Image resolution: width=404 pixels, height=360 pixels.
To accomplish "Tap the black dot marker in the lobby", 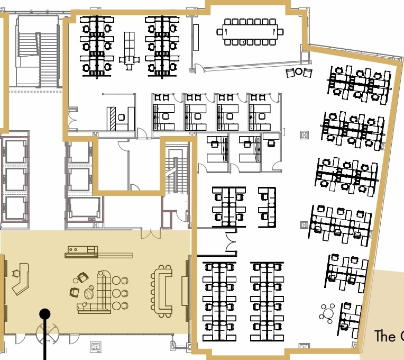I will tap(45, 314).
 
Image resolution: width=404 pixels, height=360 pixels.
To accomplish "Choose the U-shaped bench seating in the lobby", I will tap(161, 289).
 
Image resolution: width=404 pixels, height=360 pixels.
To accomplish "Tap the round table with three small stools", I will tap(328, 313).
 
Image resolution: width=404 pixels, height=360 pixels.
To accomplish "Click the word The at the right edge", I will tap(384, 336).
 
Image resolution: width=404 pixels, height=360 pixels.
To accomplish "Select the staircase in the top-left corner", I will tap(37, 50).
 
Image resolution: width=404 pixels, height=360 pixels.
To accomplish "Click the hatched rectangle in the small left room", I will tap(112, 118).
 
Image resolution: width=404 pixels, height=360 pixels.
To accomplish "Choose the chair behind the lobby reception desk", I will tap(15, 273).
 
